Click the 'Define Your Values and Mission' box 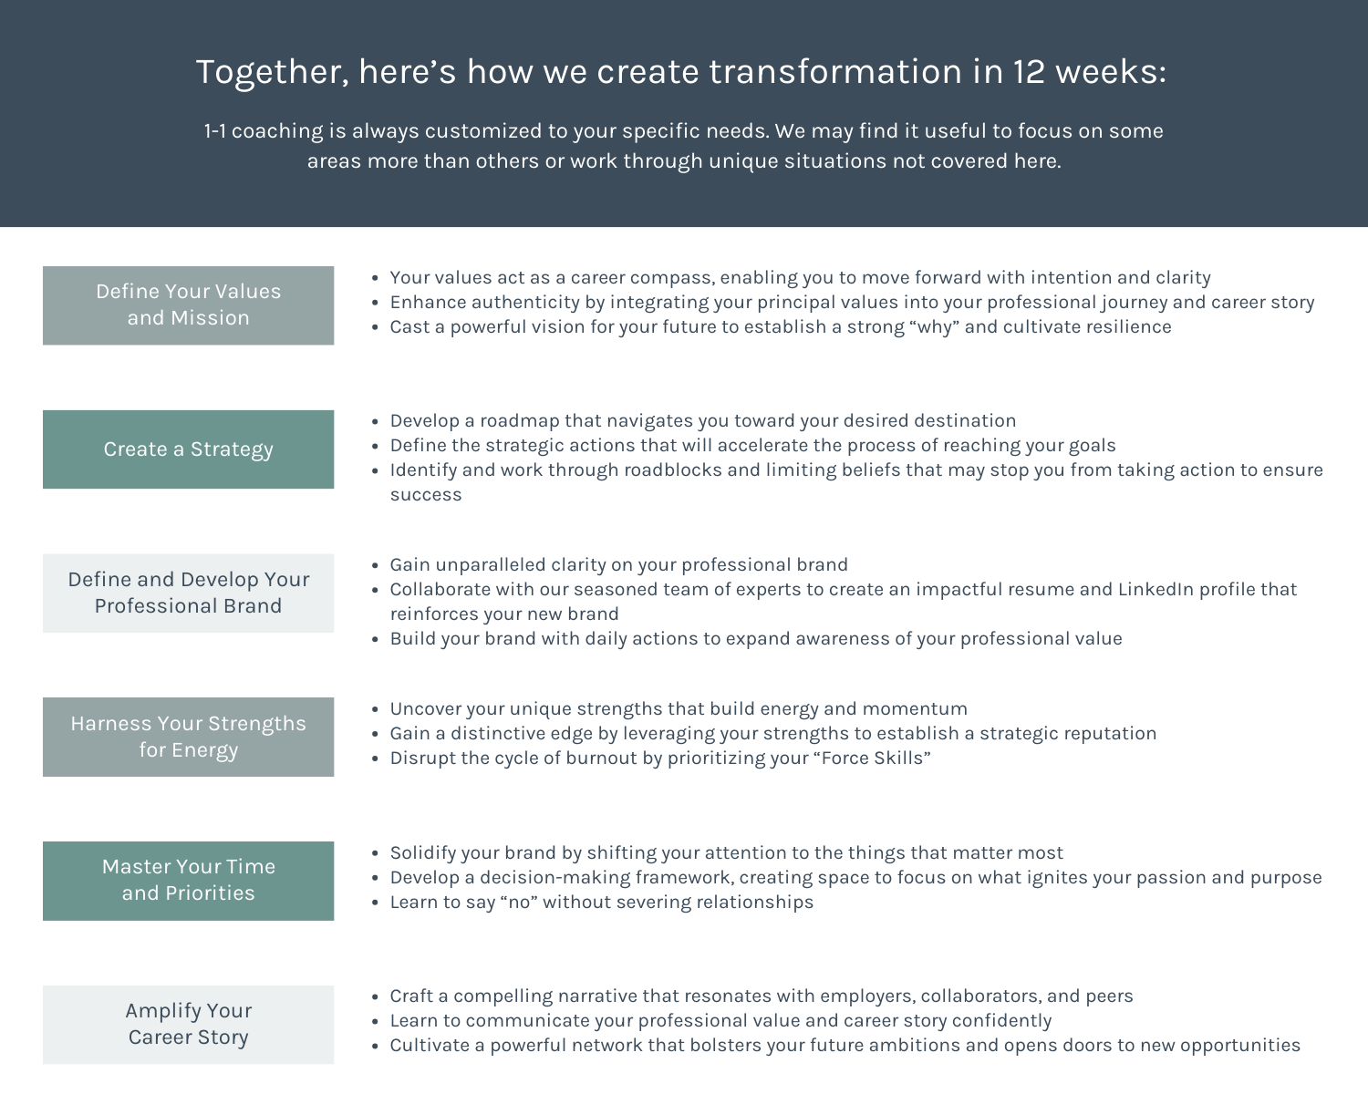[x=188, y=304]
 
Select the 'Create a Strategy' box [x=188, y=449]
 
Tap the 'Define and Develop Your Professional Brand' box [x=188, y=593]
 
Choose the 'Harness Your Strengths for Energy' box [x=188, y=737]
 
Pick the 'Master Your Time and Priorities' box [x=188, y=880]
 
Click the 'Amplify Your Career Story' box [x=188, y=1024]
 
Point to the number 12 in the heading [x=1028, y=72]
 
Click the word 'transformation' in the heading [x=834, y=72]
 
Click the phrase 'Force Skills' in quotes [x=875, y=759]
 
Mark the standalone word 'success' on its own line [x=426, y=495]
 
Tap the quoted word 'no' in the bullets [x=519, y=903]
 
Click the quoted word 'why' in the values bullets [x=934, y=327]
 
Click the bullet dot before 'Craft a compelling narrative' [x=375, y=997]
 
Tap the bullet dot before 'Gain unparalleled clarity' [x=375, y=566]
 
